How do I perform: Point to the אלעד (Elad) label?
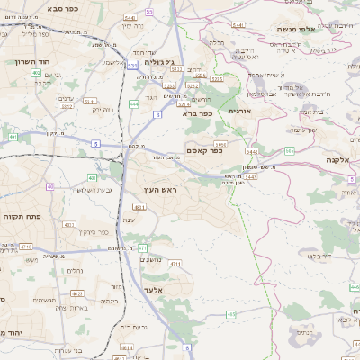(152, 290)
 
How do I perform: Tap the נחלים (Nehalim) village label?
(77, 269)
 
